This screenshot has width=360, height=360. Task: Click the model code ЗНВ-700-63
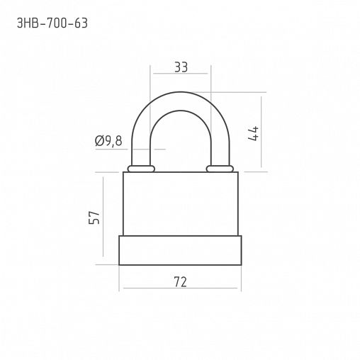[x=52, y=23]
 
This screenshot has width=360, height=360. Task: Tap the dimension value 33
[x=181, y=67]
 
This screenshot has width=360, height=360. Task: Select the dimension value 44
[x=254, y=133]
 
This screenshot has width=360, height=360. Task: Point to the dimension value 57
[x=94, y=218]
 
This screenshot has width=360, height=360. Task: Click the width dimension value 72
[x=180, y=281]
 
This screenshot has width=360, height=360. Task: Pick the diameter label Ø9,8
[x=108, y=141]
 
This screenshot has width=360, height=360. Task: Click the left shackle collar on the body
[x=141, y=169]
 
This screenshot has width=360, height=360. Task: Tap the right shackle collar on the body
[x=220, y=169]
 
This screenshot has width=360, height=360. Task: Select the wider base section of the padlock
[x=180, y=250]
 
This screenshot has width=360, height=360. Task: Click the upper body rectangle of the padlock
[x=181, y=203]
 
